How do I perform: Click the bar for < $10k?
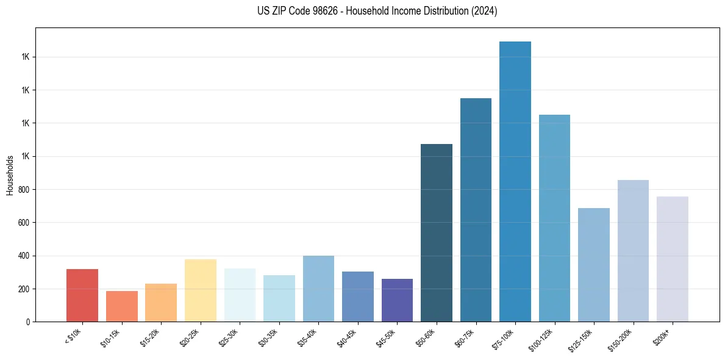tap(82, 295)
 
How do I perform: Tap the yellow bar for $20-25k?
tap(200, 290)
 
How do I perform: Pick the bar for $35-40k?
tap(318, 289)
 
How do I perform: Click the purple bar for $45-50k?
tap(397, 300)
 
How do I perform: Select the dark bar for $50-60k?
tap(437, 233)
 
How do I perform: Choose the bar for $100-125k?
tap(554, 218)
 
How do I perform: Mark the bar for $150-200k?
tap(633, 251)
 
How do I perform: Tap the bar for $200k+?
tap(673, 259)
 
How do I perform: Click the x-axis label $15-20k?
tap(150, 337)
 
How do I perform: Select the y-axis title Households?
tap(10, 175)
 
